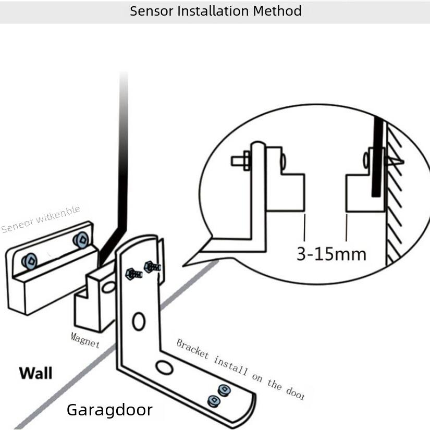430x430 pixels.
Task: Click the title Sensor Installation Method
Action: [x=215, y=11]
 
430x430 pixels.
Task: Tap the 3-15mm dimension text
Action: [x=331, y=254]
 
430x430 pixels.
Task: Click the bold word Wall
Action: [x=35, y=373]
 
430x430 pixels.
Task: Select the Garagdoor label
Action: [x=109, y=410]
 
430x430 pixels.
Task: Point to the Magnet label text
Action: [x=85, y=339]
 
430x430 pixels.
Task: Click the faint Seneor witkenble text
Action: [x=41, y=219]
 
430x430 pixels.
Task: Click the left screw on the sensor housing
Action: [x=29, y=260]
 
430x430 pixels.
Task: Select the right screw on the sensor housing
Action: [x=80, y=239]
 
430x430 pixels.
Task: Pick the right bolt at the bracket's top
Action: [x=152, y=267]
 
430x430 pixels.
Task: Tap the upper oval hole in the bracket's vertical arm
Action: [x=139, y=321]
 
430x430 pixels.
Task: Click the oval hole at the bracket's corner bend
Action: [x=164, y=368]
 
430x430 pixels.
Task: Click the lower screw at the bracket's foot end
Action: [x=213, y=401]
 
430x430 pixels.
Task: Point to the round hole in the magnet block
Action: [x=108, y=287]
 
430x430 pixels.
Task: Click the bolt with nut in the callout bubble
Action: [x=240, y=160]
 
